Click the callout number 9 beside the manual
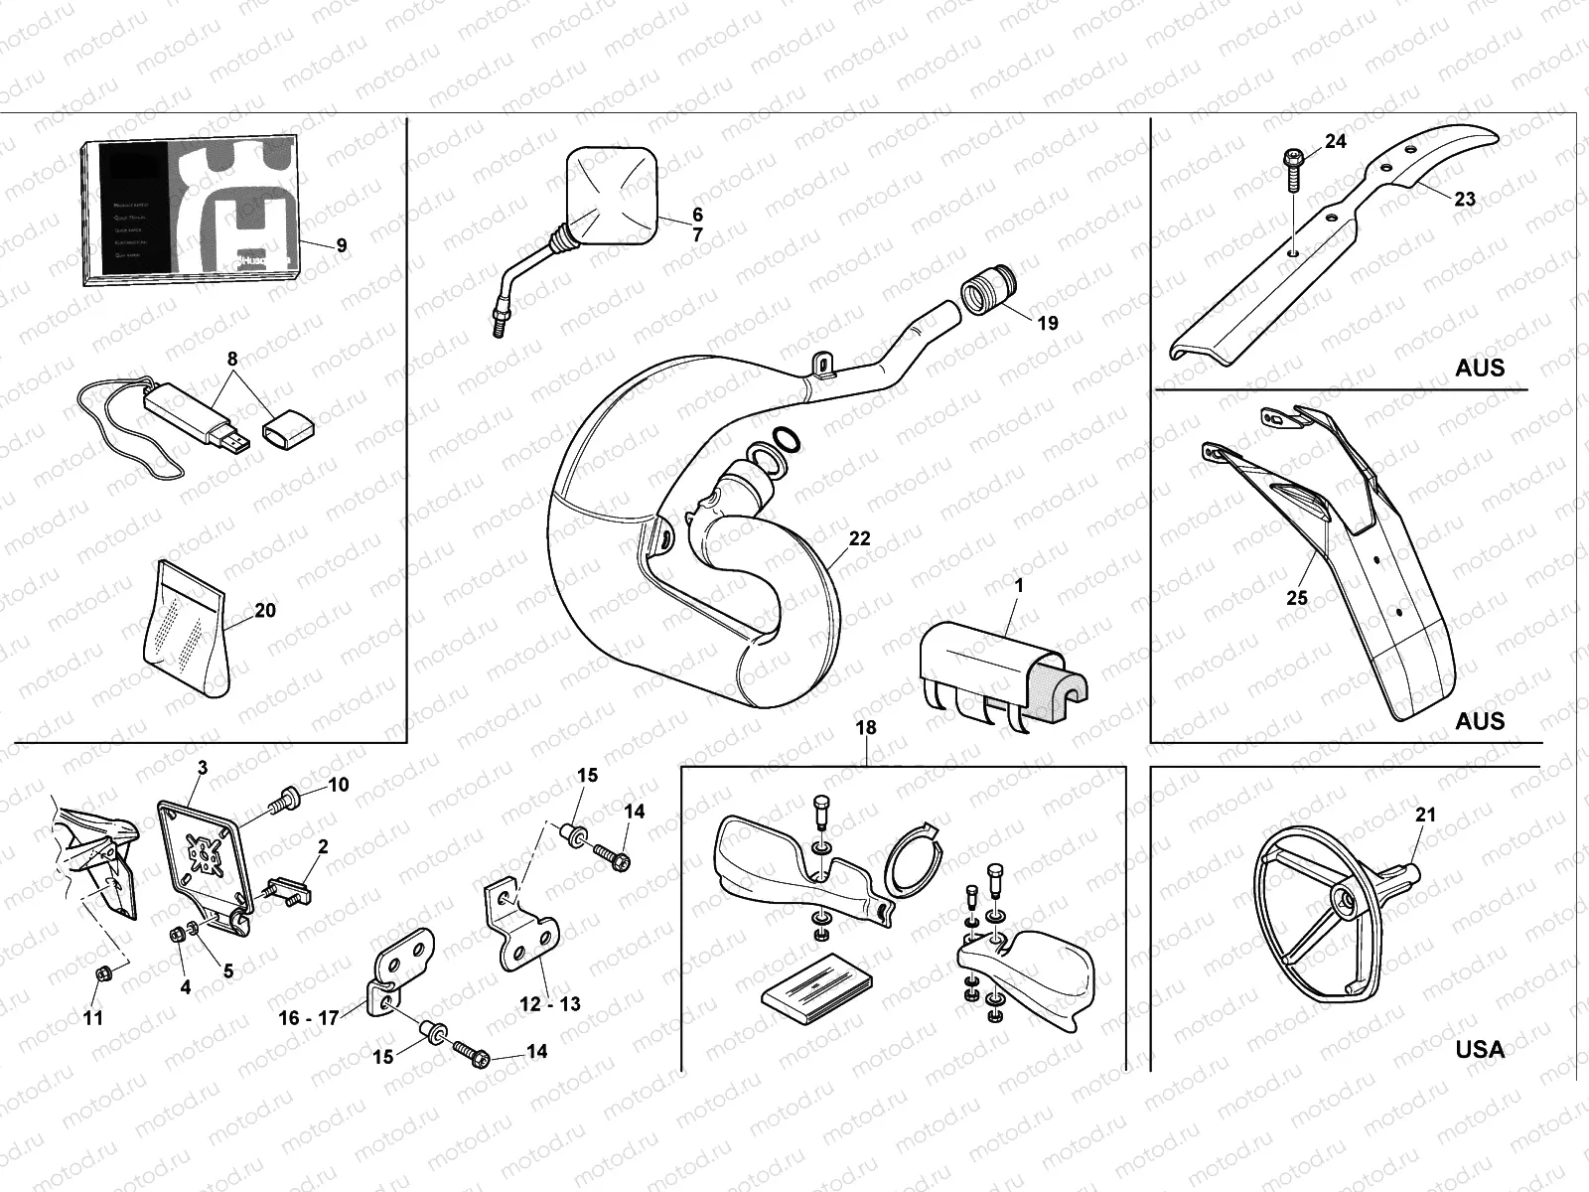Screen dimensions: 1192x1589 pyautogui.click(x=342, y=244)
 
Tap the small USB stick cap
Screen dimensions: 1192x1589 pyautogui.click(x=288, y=430)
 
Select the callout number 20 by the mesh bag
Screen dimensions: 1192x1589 pyautogui.click(x=265, y=610)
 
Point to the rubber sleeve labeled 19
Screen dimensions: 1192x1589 pyautogui.click(x=984, y=295)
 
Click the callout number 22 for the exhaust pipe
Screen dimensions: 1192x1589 pyautogui.click(x=859, y=538)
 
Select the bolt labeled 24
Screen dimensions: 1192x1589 pyautogui.click(x=1294, y=169)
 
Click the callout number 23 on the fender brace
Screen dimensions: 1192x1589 pyautogui.click(x=1465, y=199)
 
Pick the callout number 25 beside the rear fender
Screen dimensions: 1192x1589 pyautogui.click(x=1297, y=598)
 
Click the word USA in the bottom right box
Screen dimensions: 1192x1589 pyautogui.click(x=1480, y=1049)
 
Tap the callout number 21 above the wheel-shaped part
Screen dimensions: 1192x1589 pyautogui.click(x=1425, y=815)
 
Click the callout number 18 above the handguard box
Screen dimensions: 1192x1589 pyautogui.click(x=866, y=727)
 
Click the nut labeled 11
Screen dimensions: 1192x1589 pyautogui.click(x=100, y=974)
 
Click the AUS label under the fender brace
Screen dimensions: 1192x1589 pyautogui.click(x=1480, y=368)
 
